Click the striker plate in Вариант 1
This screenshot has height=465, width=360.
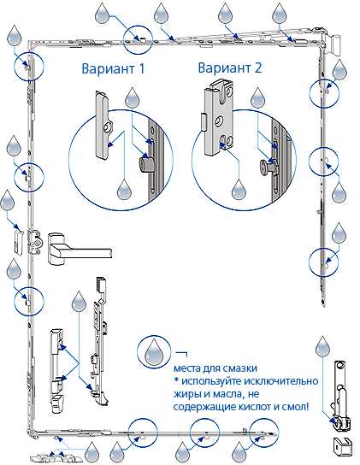pos(102,126)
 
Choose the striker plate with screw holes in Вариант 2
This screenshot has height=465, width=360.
pos(220,112)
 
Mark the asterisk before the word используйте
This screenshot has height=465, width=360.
pos(175,380)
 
